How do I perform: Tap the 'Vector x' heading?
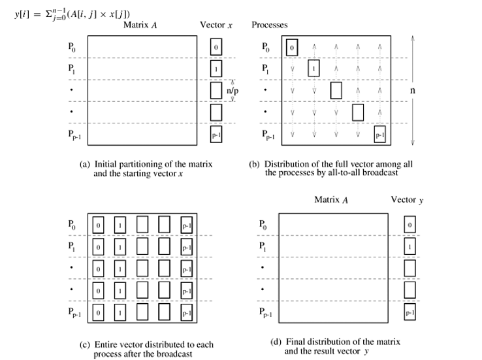click(x=214, y=25)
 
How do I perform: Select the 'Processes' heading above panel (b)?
click(x=270, y=25)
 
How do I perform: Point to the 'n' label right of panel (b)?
click(x=412, y=91)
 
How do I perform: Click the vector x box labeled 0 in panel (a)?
click(x=216, y=47)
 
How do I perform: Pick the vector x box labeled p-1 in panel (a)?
click(x=216, y=135)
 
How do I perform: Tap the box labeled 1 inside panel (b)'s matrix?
click(x=315, y=68)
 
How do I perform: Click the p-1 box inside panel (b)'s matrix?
click(x=379, y=135)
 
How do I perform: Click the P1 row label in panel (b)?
click(x=265, y=69)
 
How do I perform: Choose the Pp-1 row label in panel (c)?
click(x=74, y=313)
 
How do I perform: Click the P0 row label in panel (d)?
click(x=263, y=225)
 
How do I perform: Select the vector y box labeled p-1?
click(x=410, y=313)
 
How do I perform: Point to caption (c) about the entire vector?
click(x=144, y=348)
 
